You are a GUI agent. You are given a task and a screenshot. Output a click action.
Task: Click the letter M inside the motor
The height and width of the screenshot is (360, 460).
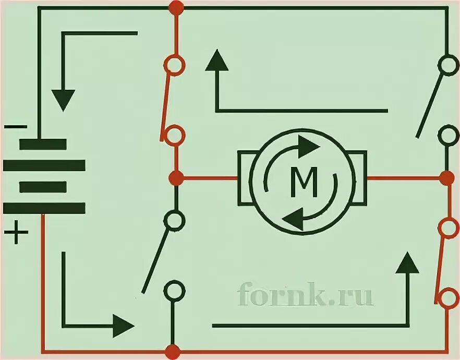tap(304, 182)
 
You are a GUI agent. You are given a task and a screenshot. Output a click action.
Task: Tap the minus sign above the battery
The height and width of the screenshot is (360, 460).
tap(16, 127)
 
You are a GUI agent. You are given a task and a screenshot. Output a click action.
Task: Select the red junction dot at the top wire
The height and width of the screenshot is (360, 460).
tap(176, 7)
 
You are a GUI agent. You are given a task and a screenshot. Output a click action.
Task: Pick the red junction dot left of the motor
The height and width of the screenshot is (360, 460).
tap(176, 177)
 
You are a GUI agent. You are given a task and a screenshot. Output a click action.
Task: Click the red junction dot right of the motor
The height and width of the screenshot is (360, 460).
tap(446, 177)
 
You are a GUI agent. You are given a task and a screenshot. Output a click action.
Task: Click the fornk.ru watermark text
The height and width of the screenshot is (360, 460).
tap(305, 296)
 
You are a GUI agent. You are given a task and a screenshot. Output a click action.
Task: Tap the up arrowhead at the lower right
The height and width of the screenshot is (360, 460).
tap(407, 263)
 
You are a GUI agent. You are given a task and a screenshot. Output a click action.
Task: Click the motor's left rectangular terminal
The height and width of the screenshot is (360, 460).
tap(245, 177)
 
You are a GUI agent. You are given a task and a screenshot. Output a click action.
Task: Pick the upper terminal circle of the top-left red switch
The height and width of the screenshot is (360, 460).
tap(174, 65)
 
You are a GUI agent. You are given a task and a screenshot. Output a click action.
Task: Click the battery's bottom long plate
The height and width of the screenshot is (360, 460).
tap(44, 208)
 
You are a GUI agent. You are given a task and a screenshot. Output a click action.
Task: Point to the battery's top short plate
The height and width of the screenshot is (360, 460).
tap(43, 144)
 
